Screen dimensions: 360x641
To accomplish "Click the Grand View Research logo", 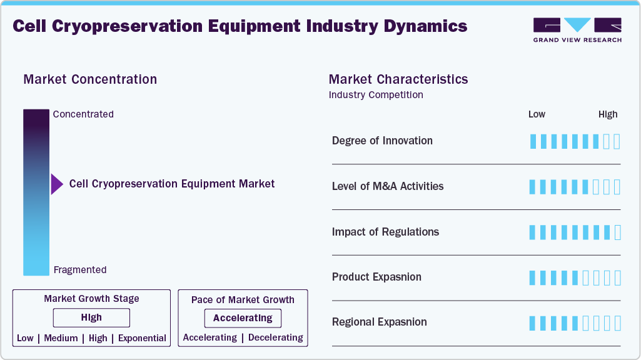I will tap(577, 29).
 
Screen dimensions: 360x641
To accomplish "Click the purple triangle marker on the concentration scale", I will tap(56, 184).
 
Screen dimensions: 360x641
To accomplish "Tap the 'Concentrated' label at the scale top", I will tap(83, 114).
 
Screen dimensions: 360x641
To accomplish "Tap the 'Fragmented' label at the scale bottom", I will tap(80, 270).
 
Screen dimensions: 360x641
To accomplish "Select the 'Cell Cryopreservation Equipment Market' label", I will tap(172, 184).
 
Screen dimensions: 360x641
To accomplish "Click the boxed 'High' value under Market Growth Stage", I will tap(91, 318).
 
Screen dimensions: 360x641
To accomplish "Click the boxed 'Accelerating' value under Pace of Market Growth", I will tap(243, 318).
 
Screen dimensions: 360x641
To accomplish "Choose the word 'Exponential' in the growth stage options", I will tap(142, 338).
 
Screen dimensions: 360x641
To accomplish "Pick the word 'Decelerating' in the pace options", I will tap(276, 337).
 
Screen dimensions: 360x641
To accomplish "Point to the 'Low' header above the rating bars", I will tap(537, 114).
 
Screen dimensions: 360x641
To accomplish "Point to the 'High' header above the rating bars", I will tap(608, 114).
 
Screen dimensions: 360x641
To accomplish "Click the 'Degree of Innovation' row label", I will tap(382, 141).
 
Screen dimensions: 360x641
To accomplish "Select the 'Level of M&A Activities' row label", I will tap(388, 186).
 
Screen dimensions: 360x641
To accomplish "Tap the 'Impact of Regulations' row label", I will tap(385, 232).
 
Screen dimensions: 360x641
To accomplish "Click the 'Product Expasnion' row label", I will tap(376, 277).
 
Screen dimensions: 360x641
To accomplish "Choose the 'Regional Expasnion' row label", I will tap(380, 322).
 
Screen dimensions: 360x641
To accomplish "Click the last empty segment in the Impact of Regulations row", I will tap(618, 232).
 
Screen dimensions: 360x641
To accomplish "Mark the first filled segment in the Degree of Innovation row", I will tap(533, 141).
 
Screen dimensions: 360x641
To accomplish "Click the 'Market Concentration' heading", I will tap(90, 79).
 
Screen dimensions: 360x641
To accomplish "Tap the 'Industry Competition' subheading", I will tap(376, 95).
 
